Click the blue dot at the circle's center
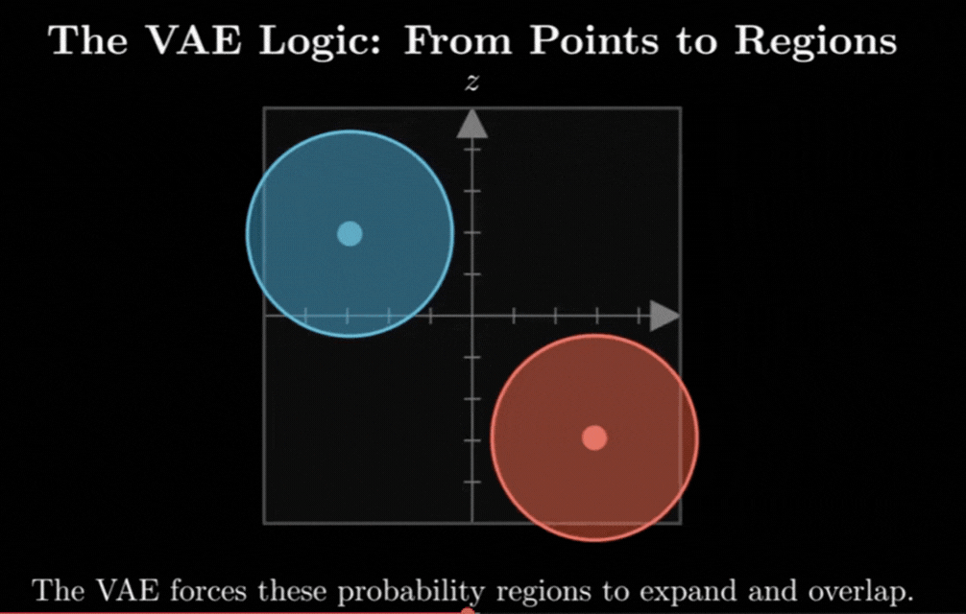(350, 234)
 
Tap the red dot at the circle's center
(594, 438)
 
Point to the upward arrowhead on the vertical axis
(471, 124)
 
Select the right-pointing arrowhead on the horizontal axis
(664, 316)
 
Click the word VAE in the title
(196, 41)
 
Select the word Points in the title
(593, 41)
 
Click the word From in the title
(458, 41)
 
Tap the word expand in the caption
(688, 593)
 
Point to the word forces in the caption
(208, 591)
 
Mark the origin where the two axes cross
(471, 316)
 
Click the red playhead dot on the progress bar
(469, 611)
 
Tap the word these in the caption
(293, 591)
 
